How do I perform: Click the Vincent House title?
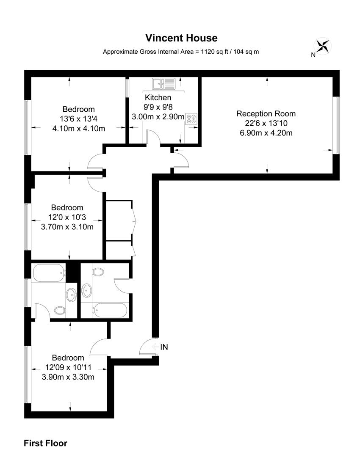point(181,38)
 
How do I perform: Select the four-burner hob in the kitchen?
point(191,118)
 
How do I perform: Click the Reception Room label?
point(266,113)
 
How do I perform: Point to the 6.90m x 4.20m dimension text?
point(266,133)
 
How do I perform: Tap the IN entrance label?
point(164,347)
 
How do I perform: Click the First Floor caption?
point(45,443)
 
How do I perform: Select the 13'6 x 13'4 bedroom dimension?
point(79,119)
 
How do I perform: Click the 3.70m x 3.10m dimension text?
point(67,227)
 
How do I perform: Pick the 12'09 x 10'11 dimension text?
point(68,367)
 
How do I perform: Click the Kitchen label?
point(158,98)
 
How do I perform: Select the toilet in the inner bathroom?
point(98,272)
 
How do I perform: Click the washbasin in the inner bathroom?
point(87,290)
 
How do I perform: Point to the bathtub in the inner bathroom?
point(109,310)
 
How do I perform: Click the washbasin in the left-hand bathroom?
point(70,293)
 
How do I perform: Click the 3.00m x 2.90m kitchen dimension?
point(158,117)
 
